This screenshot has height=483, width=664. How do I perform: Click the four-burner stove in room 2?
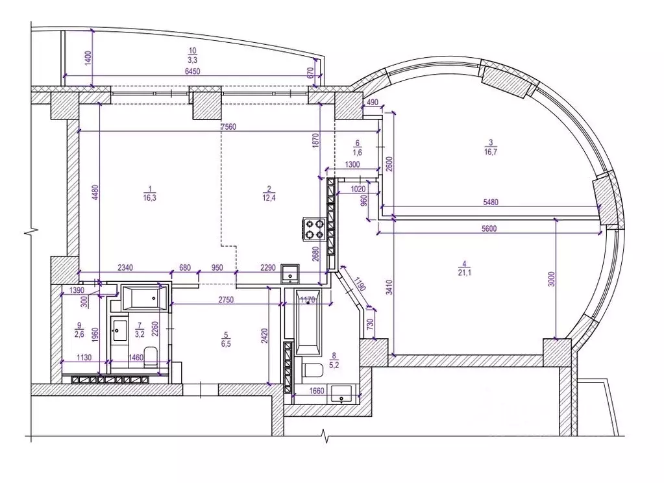314,229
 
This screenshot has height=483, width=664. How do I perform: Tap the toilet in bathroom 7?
151,356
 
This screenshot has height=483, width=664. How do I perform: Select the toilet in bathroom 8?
312,370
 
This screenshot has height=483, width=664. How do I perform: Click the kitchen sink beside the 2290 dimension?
290,273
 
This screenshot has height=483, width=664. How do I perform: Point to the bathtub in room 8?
308,323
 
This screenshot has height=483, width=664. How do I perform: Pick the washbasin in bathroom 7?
119,330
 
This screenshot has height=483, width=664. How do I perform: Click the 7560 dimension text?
228,127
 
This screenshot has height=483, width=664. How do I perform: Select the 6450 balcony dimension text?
192,71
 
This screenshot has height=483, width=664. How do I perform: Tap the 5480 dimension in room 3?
491,202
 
